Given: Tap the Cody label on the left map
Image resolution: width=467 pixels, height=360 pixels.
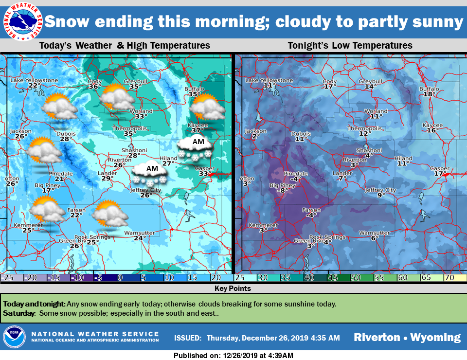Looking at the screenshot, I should click(94, 81).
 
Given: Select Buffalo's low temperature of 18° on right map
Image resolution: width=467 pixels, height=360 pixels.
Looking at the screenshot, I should click(428, 94).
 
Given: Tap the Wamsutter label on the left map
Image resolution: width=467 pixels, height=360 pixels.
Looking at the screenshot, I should click(140, 233).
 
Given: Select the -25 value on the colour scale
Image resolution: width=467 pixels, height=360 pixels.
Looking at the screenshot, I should click(7, 277).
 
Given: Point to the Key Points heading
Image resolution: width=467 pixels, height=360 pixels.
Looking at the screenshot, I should click(233, 288).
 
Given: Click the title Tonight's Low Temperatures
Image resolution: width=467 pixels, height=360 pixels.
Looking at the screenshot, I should click(350, 45).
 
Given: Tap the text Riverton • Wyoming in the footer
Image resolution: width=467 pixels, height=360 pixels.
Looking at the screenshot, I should click(407, 337).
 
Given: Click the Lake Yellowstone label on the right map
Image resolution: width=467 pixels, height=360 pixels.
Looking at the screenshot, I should click(269, 80).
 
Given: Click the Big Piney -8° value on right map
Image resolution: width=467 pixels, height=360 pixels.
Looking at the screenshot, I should click(280, 191).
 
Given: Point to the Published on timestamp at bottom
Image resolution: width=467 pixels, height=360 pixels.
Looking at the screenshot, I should click(233, 356).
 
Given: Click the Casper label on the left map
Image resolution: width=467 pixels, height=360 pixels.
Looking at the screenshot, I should click(205, 168).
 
